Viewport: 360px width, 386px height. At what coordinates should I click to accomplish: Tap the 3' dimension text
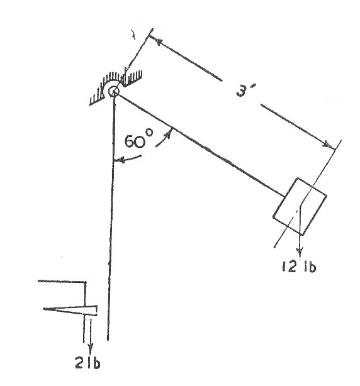pyautogui.click(x=245, y=90)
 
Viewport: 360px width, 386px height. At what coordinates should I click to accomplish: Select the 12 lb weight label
pyautogui.click(x=299, y=266)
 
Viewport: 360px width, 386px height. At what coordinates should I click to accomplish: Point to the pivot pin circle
pyautogui.click(x=113, y=92)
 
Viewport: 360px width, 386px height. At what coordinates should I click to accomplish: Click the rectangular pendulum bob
pyautogui.click(x=300, y=206)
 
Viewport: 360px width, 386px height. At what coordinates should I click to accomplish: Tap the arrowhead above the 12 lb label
pyautogui.click(x=300, y=253)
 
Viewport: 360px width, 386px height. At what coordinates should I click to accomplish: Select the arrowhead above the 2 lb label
pyautogui.click(x=91, y=350)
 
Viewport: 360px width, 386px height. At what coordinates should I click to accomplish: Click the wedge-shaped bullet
pyautogui.click(x=70, y=310)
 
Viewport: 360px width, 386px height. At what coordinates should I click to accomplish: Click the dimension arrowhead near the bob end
pyautogui.click(x=328, y=144)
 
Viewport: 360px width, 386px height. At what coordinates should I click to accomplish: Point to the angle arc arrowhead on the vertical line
pyautogui.click(x=120, y=161)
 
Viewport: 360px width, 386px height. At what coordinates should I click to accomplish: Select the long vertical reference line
pyautogui.click(x=111, y=218)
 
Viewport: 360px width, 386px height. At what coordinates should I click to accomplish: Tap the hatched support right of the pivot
pyautogui.click(x=132, y=77)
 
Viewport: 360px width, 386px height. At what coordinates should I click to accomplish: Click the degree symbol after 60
pyautogui.click(x=149, y=133)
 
